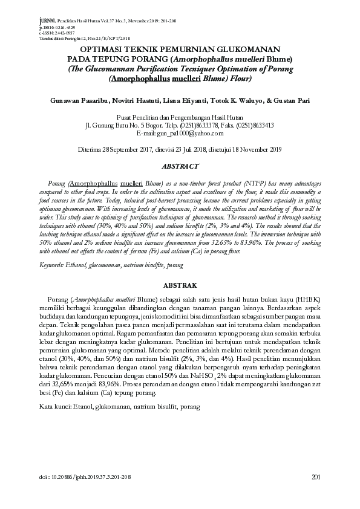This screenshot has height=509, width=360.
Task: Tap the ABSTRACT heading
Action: click(x=180, y=166)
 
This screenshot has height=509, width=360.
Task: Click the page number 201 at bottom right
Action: click(x=315, y=477)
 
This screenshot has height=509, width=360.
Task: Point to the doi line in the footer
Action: click(x=85, y=478)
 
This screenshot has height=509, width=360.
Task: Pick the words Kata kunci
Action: click(x=55, y=407)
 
